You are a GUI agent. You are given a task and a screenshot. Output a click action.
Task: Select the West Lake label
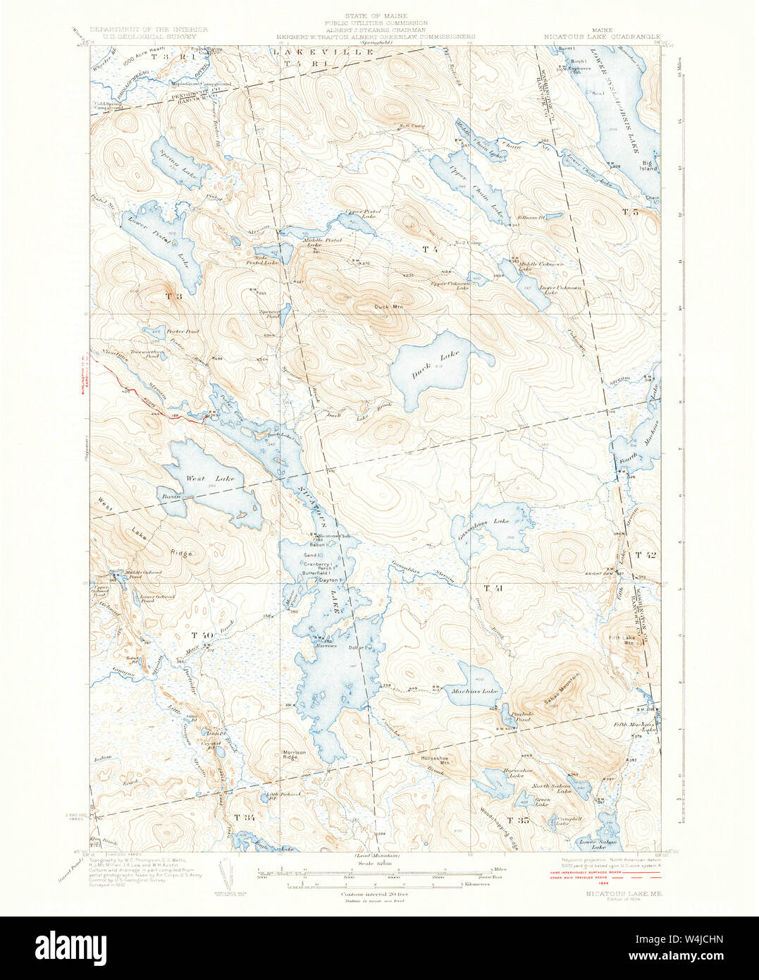(x=200, y=479)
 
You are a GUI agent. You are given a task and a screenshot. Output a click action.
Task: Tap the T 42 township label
(x=645, y=555)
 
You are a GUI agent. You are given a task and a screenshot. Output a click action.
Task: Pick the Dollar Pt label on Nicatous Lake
(x=359, y=647)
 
